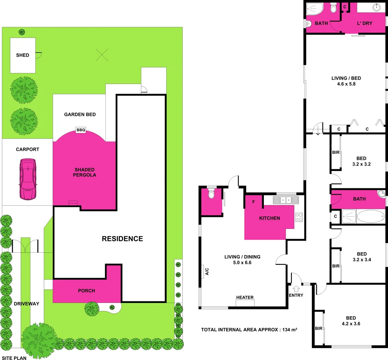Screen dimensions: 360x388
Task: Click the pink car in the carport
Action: (28, 179)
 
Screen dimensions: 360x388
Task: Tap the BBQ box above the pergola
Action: (81, 130)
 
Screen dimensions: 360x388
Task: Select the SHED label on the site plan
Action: (23, 55)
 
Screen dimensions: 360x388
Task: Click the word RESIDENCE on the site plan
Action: (122, 239)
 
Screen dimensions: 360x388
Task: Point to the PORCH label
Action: (86, 291)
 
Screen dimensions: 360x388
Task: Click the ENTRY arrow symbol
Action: (296, 289)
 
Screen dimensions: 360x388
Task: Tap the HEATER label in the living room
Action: (245, 297)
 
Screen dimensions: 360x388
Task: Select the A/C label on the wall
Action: (207, 271)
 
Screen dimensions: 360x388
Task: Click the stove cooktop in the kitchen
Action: (299, 217)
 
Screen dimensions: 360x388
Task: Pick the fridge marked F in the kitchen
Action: (254, 202)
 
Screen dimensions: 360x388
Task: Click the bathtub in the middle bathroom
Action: (371, 216)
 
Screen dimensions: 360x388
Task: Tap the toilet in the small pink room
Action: (211, 194)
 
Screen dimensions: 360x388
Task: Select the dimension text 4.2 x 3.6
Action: (351, 324)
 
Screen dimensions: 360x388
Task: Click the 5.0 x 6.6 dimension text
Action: (242, 263)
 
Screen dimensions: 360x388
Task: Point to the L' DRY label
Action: (365, 23)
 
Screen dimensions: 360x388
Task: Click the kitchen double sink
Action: (286, 200)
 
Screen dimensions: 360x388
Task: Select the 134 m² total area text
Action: (290, 330)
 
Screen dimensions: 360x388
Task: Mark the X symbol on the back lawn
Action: (102, 55)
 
